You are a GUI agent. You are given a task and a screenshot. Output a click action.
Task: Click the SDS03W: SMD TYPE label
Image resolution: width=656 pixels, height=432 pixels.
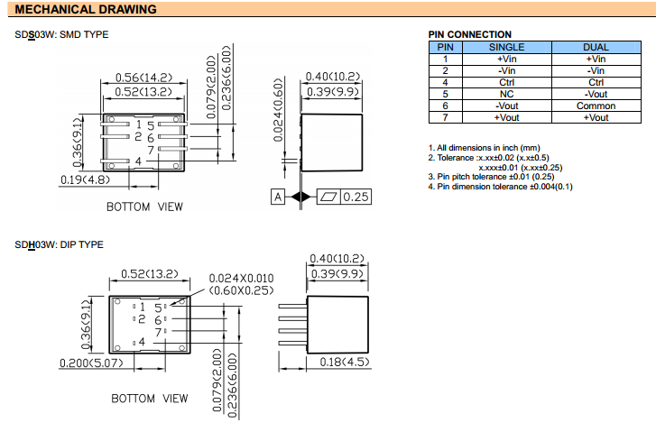(x=61, y=34)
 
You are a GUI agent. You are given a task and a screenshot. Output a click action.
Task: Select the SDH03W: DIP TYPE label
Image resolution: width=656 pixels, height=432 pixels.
(x=59, y=244)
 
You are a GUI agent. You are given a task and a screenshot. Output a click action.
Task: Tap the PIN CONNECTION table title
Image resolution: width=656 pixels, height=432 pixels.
(x=469, y=35)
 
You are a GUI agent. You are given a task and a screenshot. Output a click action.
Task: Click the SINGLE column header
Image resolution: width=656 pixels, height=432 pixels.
(x=506, y=47)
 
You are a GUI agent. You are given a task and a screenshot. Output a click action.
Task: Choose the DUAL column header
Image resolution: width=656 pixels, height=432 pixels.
(x=596, y=47)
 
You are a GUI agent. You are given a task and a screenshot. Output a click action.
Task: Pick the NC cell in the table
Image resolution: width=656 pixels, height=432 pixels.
(x=506, y=94)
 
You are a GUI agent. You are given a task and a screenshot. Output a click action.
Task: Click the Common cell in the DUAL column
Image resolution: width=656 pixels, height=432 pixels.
(x=596, y=106)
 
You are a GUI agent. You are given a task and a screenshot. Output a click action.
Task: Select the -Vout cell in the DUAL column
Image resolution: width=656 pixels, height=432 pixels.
(x=596, y=94)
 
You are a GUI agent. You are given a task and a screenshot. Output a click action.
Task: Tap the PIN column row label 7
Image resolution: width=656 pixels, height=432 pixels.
(x=445, y=117)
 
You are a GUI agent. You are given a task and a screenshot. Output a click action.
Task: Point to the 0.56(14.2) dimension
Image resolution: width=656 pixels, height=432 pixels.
(x=144, y=78)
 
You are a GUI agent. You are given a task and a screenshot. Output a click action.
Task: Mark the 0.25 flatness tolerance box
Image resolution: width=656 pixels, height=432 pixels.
(x=355, y=197)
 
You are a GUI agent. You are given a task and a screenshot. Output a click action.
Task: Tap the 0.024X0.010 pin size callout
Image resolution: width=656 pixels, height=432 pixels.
(x=241, y=278)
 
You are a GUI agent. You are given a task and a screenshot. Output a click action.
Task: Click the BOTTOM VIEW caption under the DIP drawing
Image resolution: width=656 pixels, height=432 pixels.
(x=150, y=398)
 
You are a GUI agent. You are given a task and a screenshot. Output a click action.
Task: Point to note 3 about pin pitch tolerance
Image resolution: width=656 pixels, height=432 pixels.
(x=493, y=177)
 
